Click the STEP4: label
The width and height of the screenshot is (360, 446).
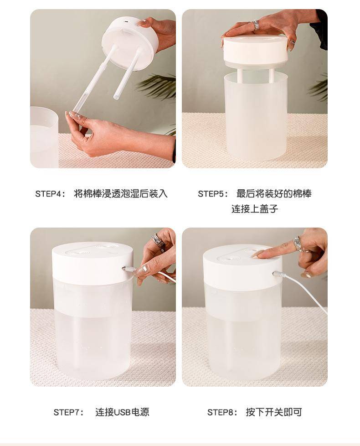[50, 194]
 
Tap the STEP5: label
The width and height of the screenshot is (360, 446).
[213, 194]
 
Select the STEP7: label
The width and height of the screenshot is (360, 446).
[69, 412]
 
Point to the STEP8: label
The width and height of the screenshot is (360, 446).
[222, 412]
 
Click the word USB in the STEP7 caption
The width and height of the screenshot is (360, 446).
[122, 412]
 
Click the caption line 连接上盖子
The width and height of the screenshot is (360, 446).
[255, 209]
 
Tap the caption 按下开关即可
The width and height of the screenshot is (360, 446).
[273, 412]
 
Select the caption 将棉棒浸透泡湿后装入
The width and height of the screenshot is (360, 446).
[121, 194]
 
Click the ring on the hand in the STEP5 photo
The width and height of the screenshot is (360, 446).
[256, 25]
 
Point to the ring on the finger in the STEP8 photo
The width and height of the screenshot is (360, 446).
[297, 244]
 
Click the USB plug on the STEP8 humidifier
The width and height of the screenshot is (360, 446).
[278, 275]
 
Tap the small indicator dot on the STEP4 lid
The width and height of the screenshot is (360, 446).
[126, 21]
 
